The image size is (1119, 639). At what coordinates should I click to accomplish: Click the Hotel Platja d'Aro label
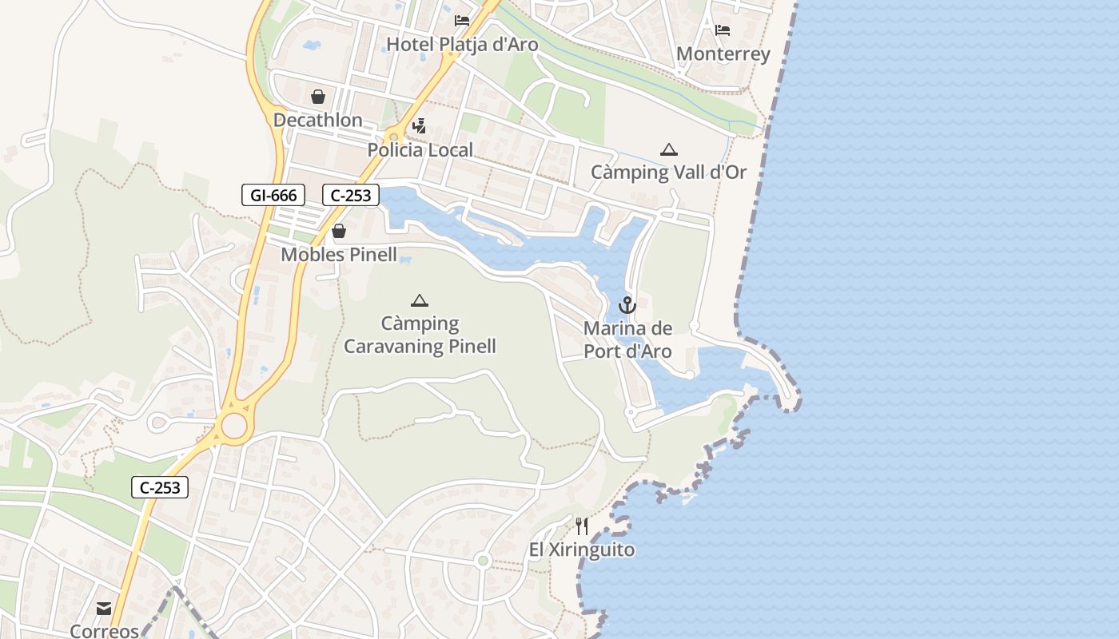462,45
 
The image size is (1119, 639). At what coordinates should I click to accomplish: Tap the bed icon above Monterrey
723,30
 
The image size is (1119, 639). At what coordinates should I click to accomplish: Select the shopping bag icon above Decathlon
318,97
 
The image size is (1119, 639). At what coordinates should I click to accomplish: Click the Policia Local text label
420,149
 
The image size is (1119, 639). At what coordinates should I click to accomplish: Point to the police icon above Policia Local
419,125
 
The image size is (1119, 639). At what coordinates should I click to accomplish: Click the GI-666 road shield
273,195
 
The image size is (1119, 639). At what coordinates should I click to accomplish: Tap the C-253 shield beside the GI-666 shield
351,195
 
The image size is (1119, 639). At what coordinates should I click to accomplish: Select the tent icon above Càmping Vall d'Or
668,149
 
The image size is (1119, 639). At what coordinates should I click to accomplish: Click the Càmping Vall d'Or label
668,172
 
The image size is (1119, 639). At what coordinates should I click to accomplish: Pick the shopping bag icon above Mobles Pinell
339,231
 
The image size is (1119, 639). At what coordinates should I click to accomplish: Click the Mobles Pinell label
339,255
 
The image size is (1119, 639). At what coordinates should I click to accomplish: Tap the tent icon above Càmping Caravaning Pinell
419,300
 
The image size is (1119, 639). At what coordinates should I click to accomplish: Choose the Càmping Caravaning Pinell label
420,335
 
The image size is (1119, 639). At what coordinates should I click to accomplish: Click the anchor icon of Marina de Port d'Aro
627,304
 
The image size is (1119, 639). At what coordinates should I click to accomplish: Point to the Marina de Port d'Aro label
627,339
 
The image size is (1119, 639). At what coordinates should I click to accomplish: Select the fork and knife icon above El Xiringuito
582,526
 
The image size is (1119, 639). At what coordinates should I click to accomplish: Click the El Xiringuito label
582,550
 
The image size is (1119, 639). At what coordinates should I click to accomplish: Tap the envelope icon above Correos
104,609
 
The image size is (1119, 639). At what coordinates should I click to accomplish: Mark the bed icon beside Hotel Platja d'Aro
462,21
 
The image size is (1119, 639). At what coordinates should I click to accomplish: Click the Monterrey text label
723,54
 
